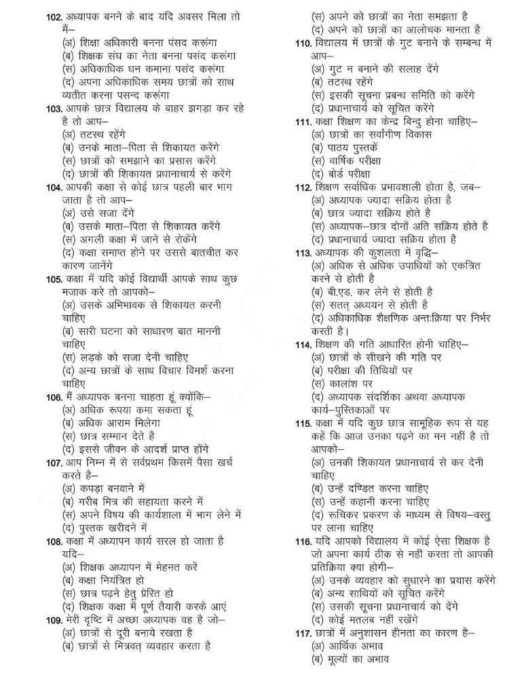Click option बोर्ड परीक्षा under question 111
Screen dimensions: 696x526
(345, 175)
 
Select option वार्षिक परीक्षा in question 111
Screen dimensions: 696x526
(348, 161)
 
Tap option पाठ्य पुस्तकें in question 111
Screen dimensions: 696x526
(349, 147)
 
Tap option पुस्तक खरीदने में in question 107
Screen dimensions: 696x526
(105, 527)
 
